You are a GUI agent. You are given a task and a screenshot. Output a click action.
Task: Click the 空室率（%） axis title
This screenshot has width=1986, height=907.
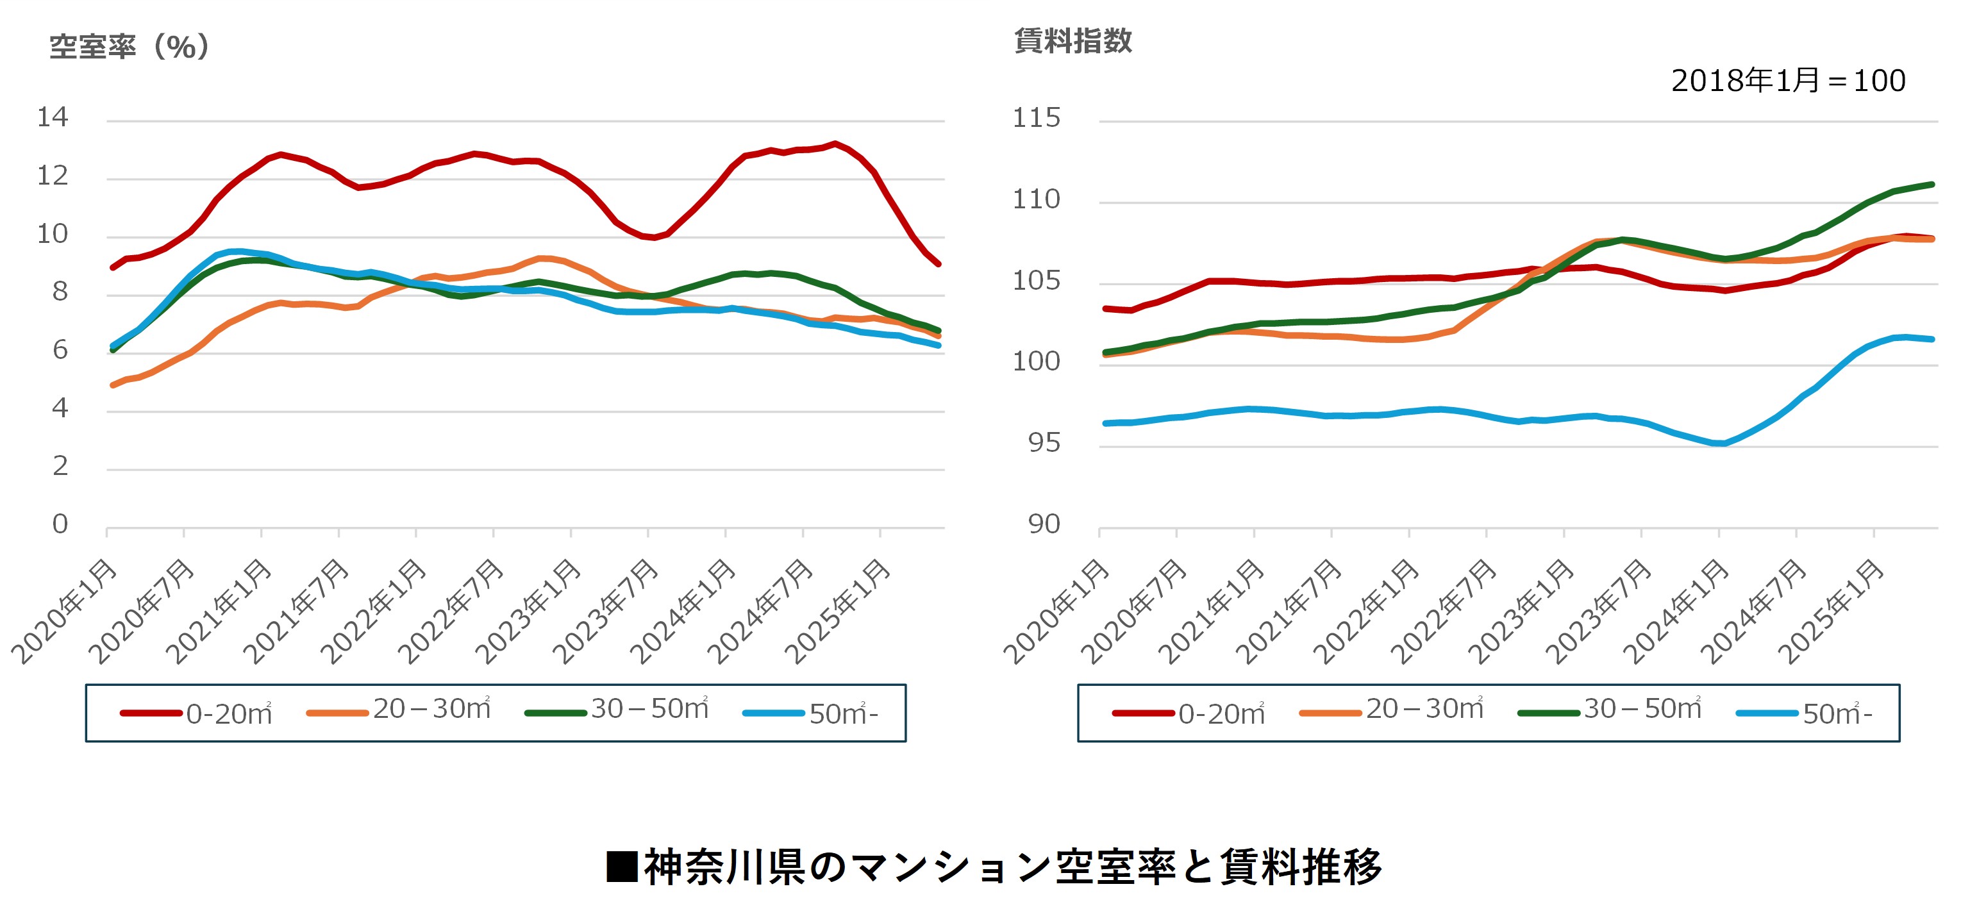[x=129, y=47]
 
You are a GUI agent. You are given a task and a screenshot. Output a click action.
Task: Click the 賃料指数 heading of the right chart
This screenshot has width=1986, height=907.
[x=1072, y=41]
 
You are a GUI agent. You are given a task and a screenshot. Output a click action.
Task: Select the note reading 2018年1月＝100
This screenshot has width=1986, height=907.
[x=1788, y=81]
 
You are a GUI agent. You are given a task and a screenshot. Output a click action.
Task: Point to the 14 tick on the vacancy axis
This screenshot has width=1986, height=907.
[x=53, y=118]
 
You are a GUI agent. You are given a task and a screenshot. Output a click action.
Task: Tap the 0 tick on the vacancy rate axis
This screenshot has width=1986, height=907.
[x=60, y=525]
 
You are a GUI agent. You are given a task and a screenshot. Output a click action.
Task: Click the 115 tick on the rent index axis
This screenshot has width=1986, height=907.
[x=1036, y=119]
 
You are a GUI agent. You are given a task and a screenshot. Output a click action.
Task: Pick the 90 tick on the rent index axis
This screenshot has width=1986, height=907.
[x=1044, y=525]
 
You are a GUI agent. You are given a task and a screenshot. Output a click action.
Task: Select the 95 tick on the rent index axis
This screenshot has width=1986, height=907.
[x=1044, y=443]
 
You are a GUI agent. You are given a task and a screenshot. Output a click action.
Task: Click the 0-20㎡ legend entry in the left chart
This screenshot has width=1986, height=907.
[x=197, y=713]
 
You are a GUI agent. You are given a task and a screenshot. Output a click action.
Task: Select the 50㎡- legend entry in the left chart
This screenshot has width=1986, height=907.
[x=811, y=713]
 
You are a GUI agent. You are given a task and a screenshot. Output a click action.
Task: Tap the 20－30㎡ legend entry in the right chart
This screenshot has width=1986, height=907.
[x=1392, y=710]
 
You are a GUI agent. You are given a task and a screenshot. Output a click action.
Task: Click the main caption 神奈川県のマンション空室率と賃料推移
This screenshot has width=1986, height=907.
[x=994, y=867]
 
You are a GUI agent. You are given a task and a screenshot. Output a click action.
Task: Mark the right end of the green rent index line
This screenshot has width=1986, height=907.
[x=1932, y=184]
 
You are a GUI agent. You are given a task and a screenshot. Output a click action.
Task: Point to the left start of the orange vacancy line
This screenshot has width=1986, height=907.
[x=113, y=385]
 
